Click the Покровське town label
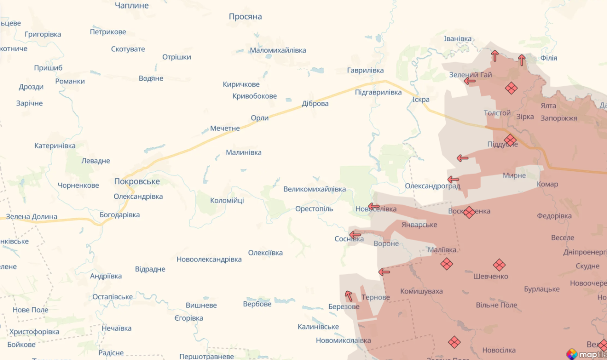(137, 181)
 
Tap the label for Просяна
(245, 17)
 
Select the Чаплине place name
(132, 6)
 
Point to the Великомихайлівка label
(314, 189)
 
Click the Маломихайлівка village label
(278, 50)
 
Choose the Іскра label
(421, 100)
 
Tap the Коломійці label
(227, 201)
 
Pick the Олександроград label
(432, 186)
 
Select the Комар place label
(547, 184)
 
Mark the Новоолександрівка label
(209, 259)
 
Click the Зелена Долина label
(31, 217)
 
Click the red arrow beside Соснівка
(355, 234)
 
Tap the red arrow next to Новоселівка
(374, 206)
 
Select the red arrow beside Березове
(349, 296)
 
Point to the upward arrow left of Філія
(522, 60)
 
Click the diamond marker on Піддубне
(510, 140)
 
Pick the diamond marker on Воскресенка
(469, 212)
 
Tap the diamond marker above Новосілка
(454, 342)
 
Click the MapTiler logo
(586, 354)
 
